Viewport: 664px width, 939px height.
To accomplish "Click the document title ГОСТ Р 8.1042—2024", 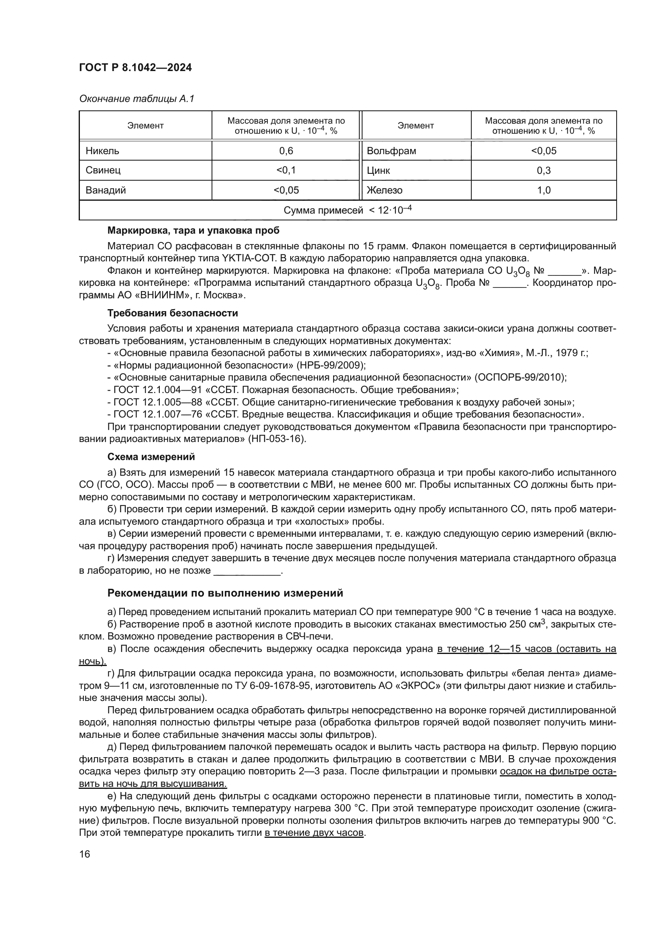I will (135, 67).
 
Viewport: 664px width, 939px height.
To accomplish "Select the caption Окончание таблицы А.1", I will (136, 99).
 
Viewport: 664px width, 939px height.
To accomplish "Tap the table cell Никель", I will (102, 151).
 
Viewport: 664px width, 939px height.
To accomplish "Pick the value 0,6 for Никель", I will (286, 151).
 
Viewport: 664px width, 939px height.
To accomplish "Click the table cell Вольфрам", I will (391, 151).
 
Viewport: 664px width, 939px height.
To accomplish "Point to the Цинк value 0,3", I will (544, 170).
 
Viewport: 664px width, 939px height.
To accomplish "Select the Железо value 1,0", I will (544, 190).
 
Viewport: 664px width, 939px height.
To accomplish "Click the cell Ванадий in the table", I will (106, 190).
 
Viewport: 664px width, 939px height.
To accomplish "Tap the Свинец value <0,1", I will (286, 170).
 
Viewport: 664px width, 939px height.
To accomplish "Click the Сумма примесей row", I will (348, 210).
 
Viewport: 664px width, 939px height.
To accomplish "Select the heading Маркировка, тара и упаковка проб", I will (193, 230).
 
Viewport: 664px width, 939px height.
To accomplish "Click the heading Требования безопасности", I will (173, 313).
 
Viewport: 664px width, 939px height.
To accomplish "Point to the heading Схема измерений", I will (151, 456).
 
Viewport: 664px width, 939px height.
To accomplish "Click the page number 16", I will (85, 854).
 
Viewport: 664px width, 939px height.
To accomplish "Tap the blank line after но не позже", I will (247, 571).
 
